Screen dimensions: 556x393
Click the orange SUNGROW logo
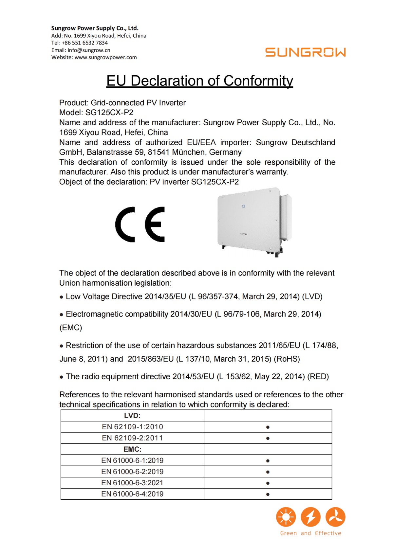[305, 52]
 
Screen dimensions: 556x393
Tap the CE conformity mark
[140, 224]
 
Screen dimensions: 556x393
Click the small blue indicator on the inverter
[243, 206]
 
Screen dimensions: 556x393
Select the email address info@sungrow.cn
[89, 50]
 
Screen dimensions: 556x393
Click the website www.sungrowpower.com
[105, 57]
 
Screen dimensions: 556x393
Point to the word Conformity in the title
[258, 81]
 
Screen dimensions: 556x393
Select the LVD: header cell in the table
[132, 416]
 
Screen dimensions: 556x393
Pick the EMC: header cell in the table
[132, 449]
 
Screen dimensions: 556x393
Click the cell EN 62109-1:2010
[132, 427]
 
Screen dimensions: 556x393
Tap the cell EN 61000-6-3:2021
[132, 483]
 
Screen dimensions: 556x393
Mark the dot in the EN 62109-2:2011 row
[268, 438]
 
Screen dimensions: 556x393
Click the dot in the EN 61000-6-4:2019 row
[268, 494]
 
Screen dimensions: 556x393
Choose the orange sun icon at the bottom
[286, 517]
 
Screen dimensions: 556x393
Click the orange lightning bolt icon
[310, 517]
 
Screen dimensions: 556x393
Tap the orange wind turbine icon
[335, 517]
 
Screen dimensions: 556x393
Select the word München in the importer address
[189, 152]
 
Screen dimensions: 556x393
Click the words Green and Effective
[310, 533]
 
